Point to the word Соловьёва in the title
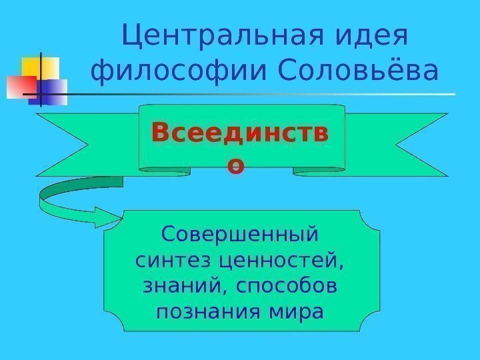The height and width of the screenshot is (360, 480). pos(357,72)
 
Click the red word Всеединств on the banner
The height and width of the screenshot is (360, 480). pos(240,133)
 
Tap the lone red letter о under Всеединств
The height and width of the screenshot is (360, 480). pos(235,164)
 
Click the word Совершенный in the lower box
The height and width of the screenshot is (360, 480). pos(240,235)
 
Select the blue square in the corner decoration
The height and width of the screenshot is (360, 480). pos(55,90)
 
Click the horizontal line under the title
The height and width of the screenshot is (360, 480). pos(267,94)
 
